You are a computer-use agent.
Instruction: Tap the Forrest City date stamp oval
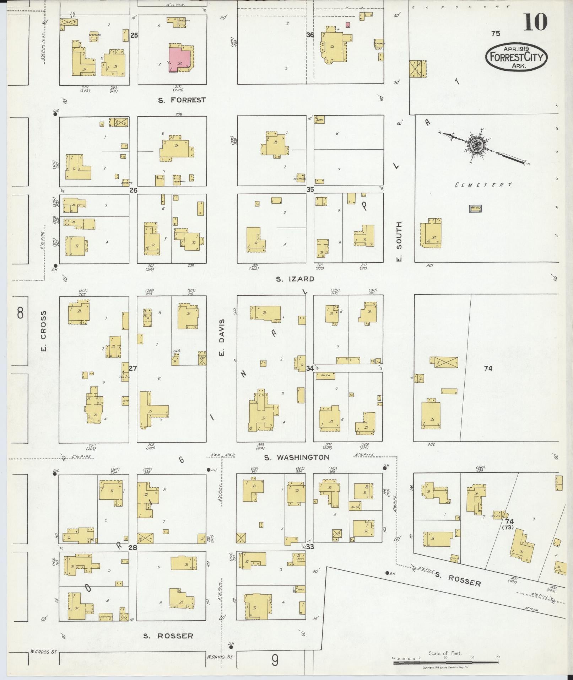517,57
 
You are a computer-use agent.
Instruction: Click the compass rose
475,145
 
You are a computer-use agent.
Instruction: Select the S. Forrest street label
182,100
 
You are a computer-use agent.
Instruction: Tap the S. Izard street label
295,279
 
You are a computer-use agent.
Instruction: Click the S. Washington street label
296,457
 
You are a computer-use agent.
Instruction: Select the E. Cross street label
43,331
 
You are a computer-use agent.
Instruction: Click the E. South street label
399,242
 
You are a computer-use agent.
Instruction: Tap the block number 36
310,35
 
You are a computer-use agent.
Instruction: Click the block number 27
133,368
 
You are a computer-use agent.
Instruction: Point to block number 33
310,546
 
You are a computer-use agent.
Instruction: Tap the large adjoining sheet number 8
21,314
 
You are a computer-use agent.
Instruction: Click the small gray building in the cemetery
475,209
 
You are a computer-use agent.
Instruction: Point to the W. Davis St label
219,657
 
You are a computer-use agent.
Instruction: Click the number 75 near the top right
496,33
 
